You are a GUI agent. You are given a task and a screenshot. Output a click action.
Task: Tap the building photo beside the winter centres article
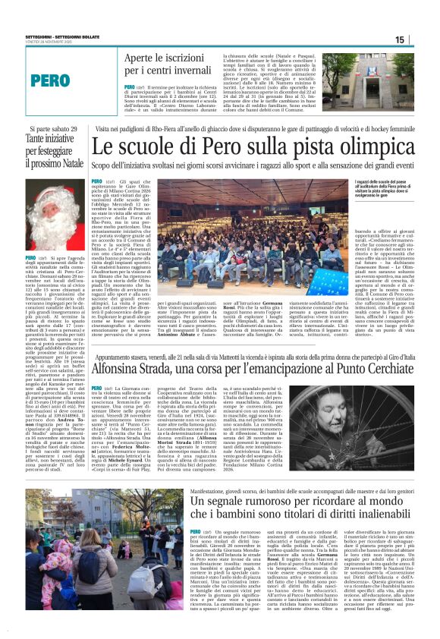click(x=382, y=83)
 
